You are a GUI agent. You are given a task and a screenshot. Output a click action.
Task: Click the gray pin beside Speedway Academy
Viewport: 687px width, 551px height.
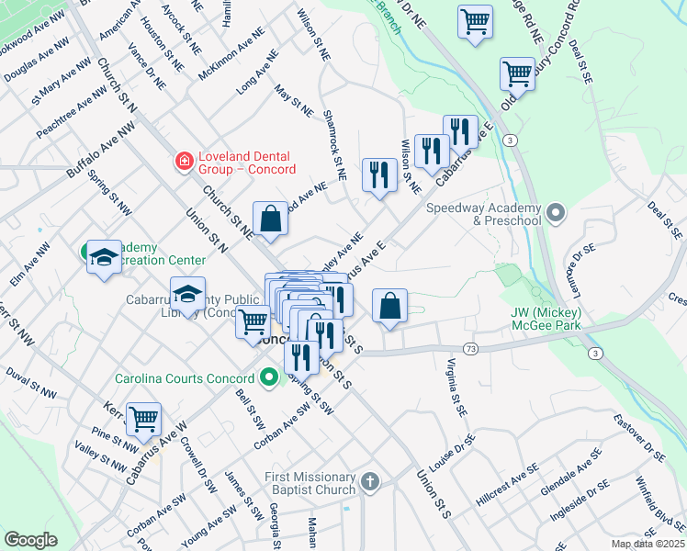555,214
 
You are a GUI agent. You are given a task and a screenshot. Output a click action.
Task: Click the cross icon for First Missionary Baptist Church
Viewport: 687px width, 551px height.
369,481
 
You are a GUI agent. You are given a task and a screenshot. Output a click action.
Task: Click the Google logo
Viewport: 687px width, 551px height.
30,540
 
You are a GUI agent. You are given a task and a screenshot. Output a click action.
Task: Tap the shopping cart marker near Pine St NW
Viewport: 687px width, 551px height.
144,420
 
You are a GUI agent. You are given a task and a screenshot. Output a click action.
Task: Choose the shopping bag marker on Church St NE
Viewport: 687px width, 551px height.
270,219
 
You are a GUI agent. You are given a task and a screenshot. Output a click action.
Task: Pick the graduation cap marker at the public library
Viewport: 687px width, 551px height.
187,294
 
